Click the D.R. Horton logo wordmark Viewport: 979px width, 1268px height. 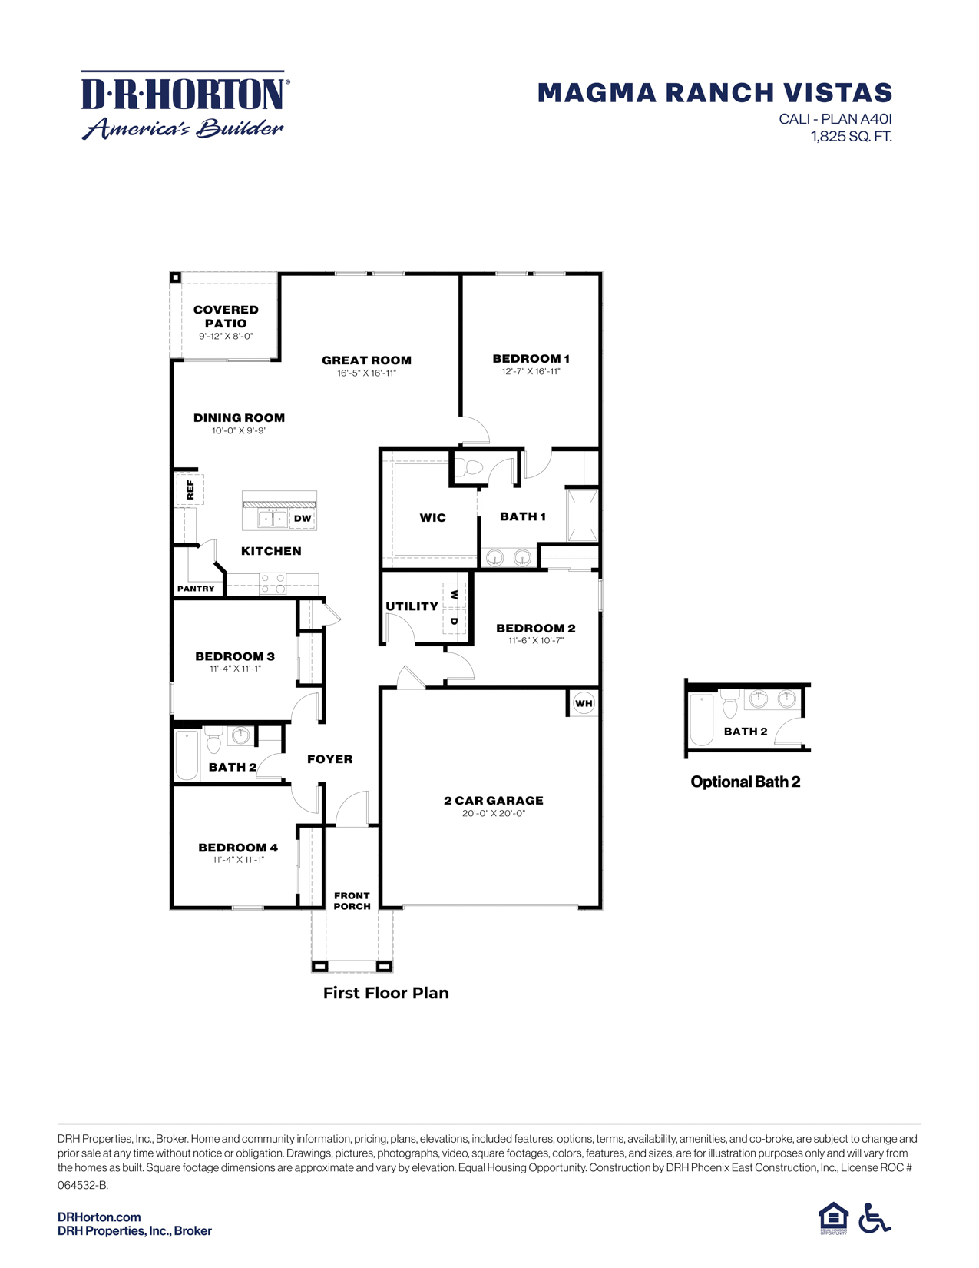tap(184, 95)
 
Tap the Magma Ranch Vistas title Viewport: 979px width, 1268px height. tap(714, 93)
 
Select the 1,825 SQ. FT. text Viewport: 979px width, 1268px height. tap(851, 137)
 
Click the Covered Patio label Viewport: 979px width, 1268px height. tap(226, 317)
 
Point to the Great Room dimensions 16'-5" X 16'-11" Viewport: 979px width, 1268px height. tap(366, 373)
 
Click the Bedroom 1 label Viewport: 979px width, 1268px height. tap(531, 359)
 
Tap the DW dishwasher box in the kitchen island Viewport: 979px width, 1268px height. tap(303, 519)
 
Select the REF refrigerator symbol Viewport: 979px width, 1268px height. tap(190, 489)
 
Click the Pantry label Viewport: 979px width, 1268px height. tap(196, 589)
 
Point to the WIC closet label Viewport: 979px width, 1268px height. tap(432, 518)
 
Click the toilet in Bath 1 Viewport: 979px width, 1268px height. tap(471, 467)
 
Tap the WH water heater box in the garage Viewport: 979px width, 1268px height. tap(584, 703)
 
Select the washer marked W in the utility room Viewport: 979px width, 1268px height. tap(454, 595)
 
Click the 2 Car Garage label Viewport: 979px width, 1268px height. tap(493, 801)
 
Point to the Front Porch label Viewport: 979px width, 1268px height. tap(352, 901)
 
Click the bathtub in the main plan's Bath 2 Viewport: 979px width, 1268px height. tap(187, 755)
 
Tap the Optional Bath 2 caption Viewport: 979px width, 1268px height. tap(745, 782)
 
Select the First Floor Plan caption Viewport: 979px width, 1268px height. tap(385, 993)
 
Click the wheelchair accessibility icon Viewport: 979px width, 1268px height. tap(875, 1218)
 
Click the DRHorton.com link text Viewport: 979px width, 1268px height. tap(99, 1217)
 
